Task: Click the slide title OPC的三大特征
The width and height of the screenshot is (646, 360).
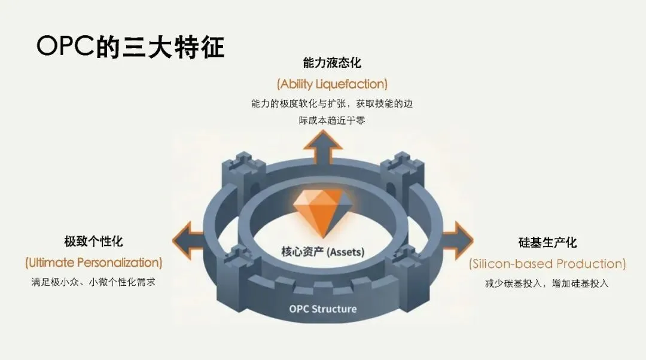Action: (x=130, y=47)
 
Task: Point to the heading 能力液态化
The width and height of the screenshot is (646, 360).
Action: (x=332, y=63)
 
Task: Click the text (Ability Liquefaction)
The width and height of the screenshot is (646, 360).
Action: (x=332, y=83)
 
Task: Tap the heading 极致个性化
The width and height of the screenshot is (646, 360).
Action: (x=93, y=242)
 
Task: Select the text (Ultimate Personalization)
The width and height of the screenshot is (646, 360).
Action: (x=93, y=262)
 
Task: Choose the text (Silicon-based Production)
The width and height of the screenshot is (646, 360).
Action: (x=547, y=263)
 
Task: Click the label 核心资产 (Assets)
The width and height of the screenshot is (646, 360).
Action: (x=322, y=252)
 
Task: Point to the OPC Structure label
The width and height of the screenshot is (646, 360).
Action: (x=322, y=309)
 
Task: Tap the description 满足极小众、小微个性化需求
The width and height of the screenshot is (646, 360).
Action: (x=93, y=282)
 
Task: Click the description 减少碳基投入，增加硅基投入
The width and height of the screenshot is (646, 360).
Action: (x=547, y=283)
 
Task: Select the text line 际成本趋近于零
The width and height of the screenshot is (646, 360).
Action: (x=332, y=120)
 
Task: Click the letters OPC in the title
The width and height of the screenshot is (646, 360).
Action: (x=65, y=47)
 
